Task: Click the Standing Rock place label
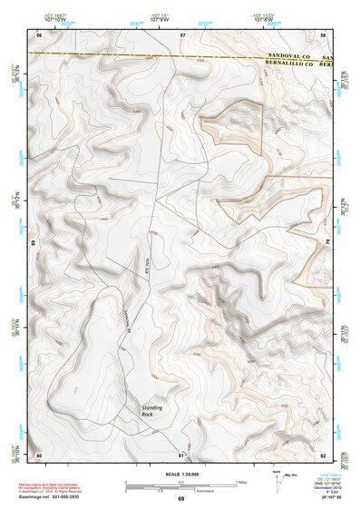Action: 152,410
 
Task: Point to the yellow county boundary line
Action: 136,55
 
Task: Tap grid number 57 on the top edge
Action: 182,34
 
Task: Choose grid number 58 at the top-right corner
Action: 324,34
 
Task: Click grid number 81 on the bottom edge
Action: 181,454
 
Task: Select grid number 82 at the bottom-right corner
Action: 324,454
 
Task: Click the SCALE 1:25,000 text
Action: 181,475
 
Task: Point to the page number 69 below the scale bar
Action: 181,499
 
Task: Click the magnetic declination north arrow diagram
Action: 277,480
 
